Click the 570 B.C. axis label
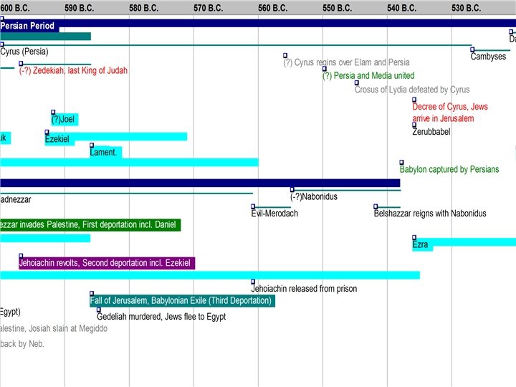(208, 8)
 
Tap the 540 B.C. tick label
(401, 8)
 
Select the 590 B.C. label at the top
(79, 8)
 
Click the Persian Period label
(28, 27)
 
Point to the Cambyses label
(488, 57)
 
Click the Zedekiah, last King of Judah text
(73, 71)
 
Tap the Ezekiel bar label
(57, 139)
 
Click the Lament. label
(105, 153)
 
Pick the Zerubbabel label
(431, 132)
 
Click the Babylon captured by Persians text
(449, 170)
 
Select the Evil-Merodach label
(274, 214)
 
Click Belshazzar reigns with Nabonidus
(430, 214)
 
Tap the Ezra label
(421, 245)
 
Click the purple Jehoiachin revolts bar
(105, 264)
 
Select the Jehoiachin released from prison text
(304, 289)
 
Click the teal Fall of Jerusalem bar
(182, 301)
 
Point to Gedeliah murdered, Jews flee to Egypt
(161, 317)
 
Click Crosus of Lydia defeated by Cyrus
(412, 90)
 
